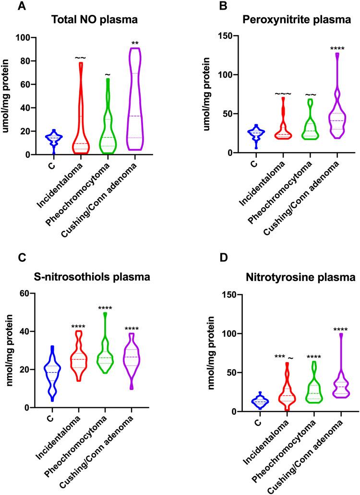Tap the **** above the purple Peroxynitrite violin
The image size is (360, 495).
point(340,48)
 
